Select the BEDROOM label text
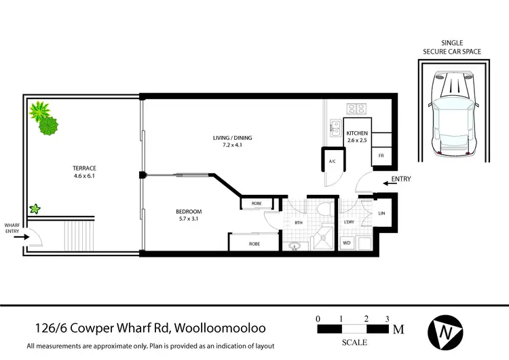pyautogui.click(x=189, y=211)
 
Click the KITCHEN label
pyautogui.click(x=357, y=132)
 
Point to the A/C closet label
pyautogui.click(x=333, y=162)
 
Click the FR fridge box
pyautogui.click(x=381, y=156)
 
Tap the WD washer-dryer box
pyautogui.click(x=346, y=242)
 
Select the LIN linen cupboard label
pyautogui.click(x=381, y=213)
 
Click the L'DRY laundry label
pyautogui.click(x=350, y=223)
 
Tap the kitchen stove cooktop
pyautogui.click(x=356, y=108)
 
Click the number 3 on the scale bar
pyautogui.click(x=386, y=318)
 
